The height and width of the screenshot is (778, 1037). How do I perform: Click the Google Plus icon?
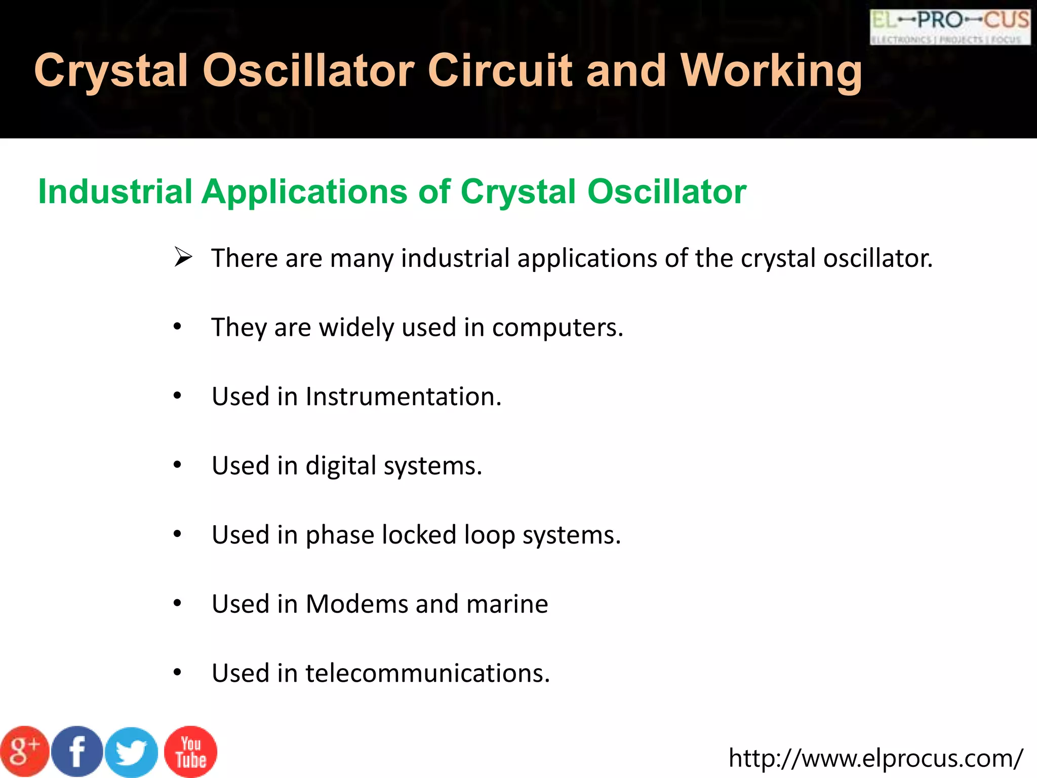click(x=24, y=752)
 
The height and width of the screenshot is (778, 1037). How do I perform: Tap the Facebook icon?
click(x=77, y=752)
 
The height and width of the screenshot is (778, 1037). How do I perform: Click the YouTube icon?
click(x=190, y=752)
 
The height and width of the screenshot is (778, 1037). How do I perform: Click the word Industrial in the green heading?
click(x=115, y=191)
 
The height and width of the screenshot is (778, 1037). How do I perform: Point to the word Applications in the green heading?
click(x=304, y=191)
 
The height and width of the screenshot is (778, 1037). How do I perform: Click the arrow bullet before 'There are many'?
click(x=183, y=257)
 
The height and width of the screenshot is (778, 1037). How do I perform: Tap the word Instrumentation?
click(x=403, y=397)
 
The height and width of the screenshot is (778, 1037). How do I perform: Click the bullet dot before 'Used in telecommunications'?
click(x=177, y=673)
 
